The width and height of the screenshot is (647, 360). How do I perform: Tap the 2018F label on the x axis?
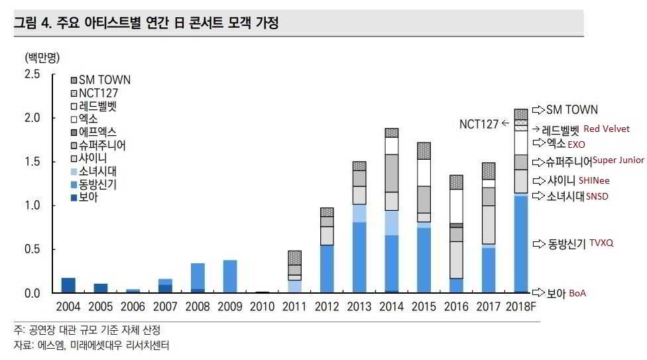coord(520,308)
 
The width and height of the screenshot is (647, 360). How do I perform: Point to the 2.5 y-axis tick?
coord(32,74)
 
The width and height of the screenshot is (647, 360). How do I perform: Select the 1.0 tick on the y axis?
coord(32,206)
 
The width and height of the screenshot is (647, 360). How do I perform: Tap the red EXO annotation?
coord(577,144)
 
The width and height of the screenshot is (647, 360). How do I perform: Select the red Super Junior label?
coord(618,160)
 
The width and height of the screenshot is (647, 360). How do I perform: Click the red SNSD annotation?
coord(597,196)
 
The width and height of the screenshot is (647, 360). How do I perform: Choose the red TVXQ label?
coord(601,243)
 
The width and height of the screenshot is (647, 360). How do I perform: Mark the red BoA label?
coord(577,293)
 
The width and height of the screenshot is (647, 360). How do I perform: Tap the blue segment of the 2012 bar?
coord(327,269)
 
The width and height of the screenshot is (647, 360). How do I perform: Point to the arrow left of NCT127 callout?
coord(505,123)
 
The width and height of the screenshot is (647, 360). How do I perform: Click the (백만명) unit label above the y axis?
coord(42,56)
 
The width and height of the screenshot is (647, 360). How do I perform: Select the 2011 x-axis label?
coord(294,308)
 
